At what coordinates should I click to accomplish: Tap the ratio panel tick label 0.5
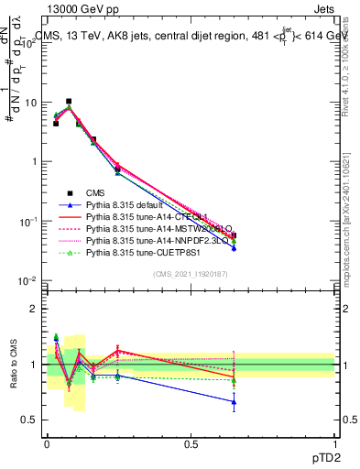(x=31, y=420)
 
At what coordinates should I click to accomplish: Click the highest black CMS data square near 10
(x=69, y=101)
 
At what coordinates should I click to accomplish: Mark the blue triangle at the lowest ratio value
(x=234, y=401)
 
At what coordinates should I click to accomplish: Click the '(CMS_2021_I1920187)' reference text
(x=190, y=272)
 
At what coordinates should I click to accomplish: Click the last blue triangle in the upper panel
(x=234, y=247)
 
